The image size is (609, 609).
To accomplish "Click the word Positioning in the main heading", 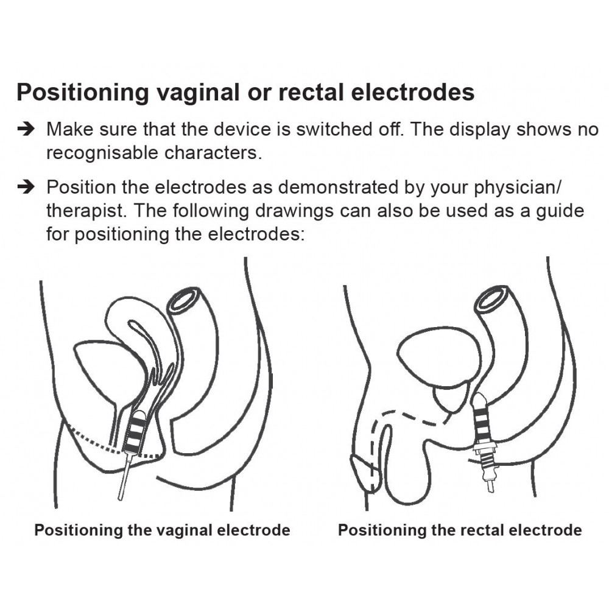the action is point(83,93).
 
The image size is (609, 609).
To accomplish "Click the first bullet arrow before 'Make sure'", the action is point(26,129).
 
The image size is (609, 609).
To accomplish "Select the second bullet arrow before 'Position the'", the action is point(26,187).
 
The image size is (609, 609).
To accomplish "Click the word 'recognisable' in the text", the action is point(102,153).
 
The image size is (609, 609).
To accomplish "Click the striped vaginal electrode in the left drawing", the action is point(135,432).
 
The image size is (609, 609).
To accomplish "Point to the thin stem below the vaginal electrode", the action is point(124,477).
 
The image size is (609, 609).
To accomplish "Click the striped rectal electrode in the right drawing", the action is point(482,420).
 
